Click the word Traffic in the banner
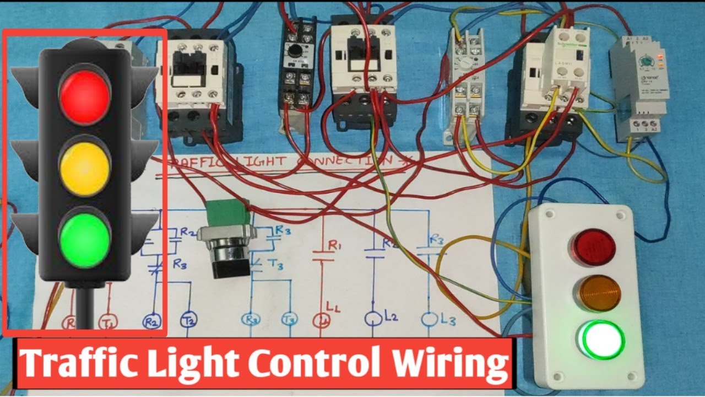click(x=71, y=364)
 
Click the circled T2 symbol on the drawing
click(x=189, y=320)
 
